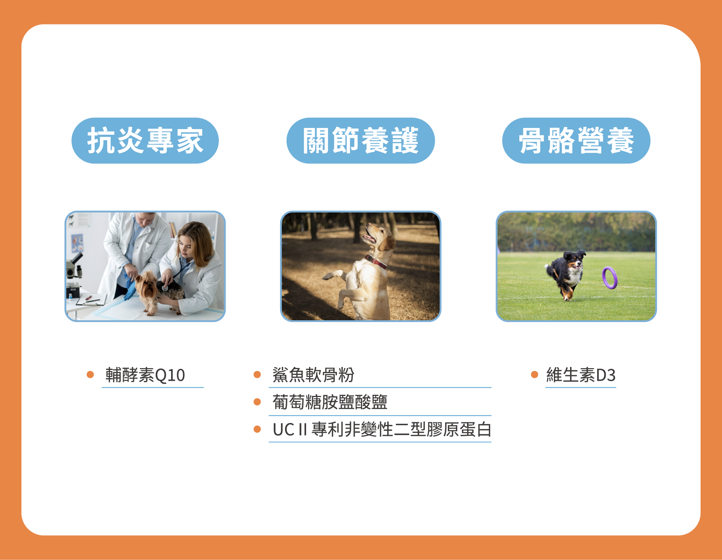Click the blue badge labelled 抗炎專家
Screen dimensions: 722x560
145,140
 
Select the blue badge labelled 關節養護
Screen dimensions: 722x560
361,140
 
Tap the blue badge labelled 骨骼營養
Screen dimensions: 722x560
576,140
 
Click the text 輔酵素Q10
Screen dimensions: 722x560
145,375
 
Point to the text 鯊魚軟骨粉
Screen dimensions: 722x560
313,375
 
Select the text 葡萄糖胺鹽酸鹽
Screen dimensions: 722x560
330,402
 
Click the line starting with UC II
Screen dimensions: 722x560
382,429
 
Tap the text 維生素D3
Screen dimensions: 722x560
581,375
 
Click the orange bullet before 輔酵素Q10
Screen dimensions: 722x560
90,374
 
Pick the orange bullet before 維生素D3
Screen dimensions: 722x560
534,374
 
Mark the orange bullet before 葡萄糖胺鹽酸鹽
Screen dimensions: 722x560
257,402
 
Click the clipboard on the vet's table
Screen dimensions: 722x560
91,300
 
